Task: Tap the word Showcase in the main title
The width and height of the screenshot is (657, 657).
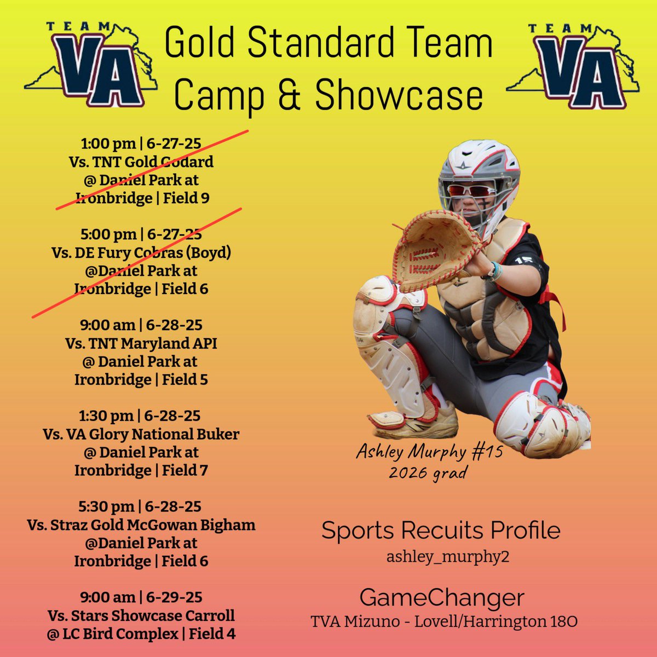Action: click(x=399, y=96)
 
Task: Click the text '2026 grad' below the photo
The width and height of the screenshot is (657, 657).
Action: click(x=429, y=471)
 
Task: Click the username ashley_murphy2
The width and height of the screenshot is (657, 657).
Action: click(x=440, y=556)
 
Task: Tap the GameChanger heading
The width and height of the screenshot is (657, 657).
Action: click(x=442, y=597)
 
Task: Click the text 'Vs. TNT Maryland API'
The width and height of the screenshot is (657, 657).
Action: click(x=141, y=343)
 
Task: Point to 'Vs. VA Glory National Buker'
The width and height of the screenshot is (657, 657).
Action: click(x=141, y=434)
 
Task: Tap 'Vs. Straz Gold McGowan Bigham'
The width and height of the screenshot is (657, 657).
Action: click(x=141, y=525)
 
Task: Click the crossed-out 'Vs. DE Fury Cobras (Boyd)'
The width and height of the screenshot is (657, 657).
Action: click(x=141, y=252)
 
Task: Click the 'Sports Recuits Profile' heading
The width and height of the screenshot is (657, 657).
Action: click(x=441, y=531)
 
